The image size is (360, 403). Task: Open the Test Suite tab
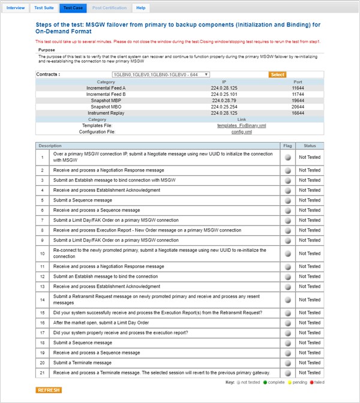point(44,8)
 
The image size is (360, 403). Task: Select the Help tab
point(141,8)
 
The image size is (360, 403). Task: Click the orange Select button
point(277,74)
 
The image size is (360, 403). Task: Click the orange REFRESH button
point(48,390)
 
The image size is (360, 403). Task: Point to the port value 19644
point(298,100)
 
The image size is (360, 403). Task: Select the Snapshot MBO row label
point(106,106)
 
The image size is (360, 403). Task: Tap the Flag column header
point(287,146)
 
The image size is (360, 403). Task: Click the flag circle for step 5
point(287,200)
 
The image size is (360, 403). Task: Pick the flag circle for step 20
point(287,362)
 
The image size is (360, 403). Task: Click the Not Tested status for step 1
point(310,157)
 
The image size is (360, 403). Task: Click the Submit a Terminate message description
point(82,362)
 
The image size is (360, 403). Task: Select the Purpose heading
point(46,50)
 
